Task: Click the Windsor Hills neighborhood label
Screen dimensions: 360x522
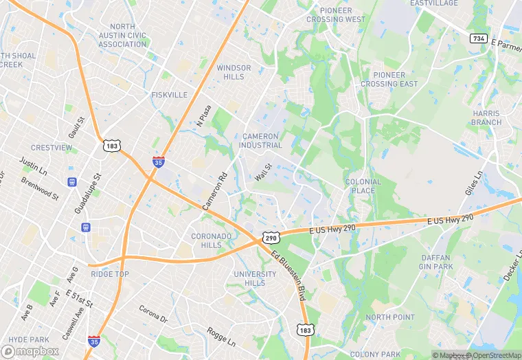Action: [x=234, y=72]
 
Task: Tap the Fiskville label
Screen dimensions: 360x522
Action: [x=169, y=95]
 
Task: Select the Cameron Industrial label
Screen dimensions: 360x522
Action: [x=260, y=141]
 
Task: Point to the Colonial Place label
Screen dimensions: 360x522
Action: [x=363, y=186]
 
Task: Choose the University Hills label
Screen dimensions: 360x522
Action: [x=255, y=278]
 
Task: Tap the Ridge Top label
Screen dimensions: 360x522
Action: [x=110, y=274]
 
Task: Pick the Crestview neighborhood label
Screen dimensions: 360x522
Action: [x=52, y=148]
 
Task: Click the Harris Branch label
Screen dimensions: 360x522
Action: [x=486, y=117]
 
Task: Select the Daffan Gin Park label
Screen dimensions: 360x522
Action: [x=436, y=262]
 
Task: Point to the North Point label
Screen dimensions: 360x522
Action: [x=390, y=317]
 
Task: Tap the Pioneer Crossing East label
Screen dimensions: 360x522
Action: [x=389, y=79]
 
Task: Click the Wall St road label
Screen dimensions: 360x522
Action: [x=264, y=172]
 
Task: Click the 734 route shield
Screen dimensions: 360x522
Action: [x=479, y=38]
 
